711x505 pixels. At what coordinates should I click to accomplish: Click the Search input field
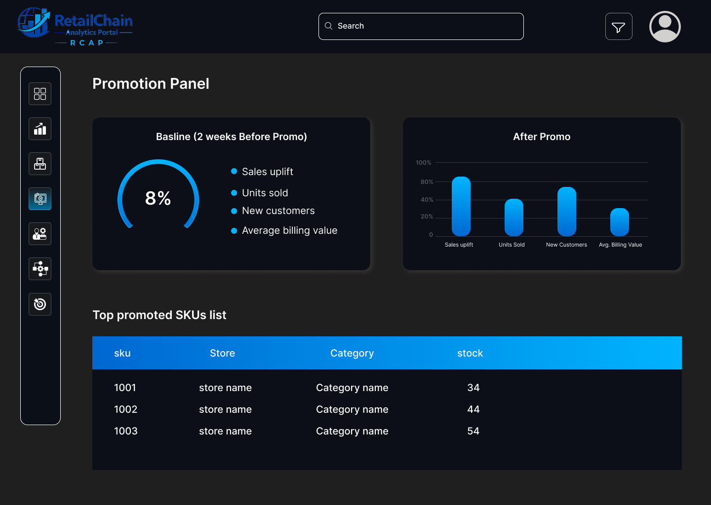click(x=421, y=26)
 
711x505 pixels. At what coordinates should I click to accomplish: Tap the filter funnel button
click(x=619, y=27)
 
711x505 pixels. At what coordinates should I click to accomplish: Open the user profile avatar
click(x=665, y=27)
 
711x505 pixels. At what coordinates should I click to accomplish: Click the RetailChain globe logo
click(x=34, y=23)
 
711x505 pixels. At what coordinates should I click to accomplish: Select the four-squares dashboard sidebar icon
click(x=40, y=94)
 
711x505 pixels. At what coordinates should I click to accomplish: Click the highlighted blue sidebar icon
click(x=40, y=199)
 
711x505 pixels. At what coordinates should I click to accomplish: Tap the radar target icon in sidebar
click(x=40, y=304)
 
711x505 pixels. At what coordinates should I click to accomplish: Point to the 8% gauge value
click(x=158, y=198)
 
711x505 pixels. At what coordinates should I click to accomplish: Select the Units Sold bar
click(x=513, y=217)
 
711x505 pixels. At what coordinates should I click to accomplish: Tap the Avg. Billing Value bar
click(x=619, y=222)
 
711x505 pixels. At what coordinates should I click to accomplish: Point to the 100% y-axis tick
click(x=423, y=163)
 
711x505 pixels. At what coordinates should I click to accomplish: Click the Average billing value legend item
click(x=289, y=230)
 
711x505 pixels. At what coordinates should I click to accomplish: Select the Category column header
click(x=352, y=353)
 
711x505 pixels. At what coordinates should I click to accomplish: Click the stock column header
click(x=470, y=353)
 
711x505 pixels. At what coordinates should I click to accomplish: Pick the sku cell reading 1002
click(x=125, y=409)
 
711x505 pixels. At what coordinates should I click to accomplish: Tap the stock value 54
click(x=473, y=431)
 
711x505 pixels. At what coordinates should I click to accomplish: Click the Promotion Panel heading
click(x=151, y=84)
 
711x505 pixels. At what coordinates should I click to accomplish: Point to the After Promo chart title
click(x=542, y=137)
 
